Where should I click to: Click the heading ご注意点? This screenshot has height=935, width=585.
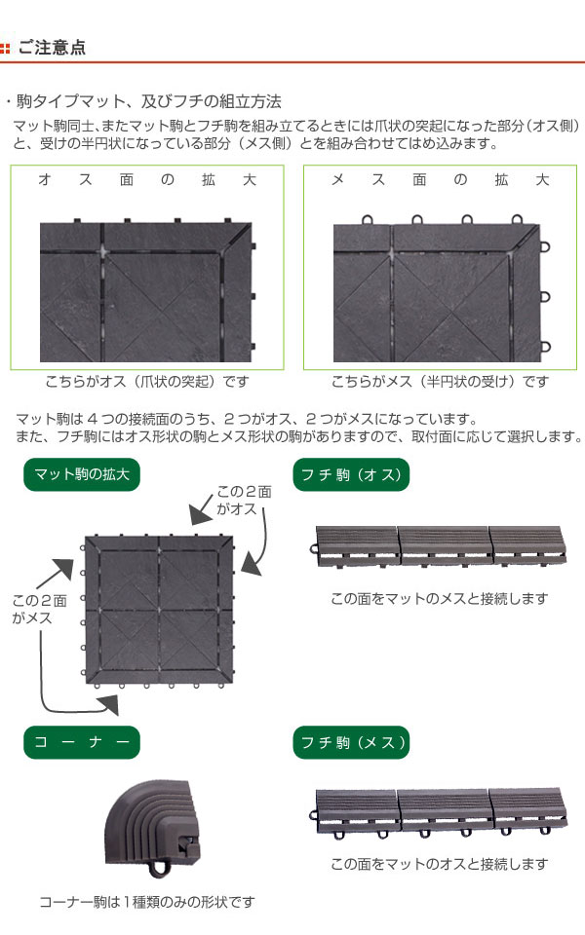click(52, 47)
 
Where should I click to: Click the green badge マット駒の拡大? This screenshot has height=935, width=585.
click(82, 474)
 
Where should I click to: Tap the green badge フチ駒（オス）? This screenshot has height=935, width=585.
click(351, 474)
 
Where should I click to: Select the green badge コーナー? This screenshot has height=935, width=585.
click(82, 742)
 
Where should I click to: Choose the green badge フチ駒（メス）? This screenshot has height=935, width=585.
click(351, 742)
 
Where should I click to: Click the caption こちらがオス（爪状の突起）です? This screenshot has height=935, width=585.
click(147, 381)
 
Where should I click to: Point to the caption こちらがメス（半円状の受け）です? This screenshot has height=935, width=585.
click(440, 381)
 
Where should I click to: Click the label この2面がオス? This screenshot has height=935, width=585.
click(244, 500)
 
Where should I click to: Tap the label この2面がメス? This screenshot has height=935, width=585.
click(39, 609)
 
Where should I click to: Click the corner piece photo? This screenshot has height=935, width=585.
click(152, 829)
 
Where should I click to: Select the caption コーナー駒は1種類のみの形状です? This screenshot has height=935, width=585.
click(147, 902)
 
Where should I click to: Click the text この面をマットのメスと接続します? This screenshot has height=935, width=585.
click(440, 598)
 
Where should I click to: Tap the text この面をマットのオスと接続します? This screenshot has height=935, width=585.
click(440, 864)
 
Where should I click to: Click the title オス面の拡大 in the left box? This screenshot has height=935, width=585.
click(147, 179)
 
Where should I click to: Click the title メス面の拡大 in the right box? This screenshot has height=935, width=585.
click(440, 179)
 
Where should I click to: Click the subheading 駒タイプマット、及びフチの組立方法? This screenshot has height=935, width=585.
click(148, 101)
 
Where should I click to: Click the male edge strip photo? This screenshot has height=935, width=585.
click(439, 547)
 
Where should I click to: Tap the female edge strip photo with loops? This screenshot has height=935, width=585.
click(439, 812)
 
